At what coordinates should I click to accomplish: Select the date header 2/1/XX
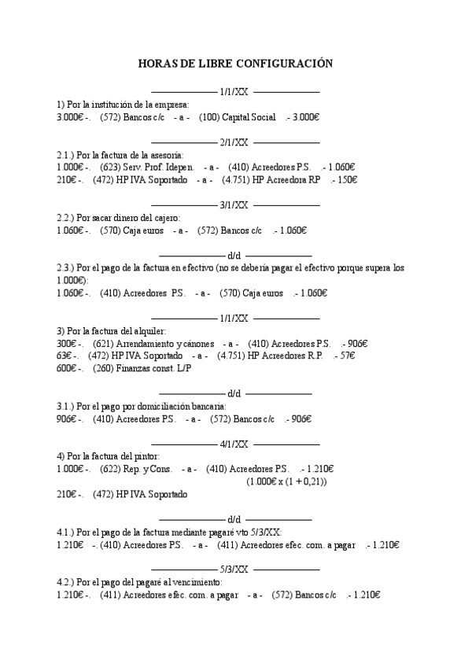[234, 142]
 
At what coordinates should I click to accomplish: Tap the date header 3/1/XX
[234, 205]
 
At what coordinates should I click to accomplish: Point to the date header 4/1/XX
[234, 444]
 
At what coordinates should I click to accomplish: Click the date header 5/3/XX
[234, 569]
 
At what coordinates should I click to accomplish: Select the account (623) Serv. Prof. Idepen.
[147, 168]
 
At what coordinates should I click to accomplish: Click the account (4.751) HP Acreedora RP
[266, 180]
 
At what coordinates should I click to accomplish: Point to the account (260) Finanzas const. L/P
[142, 368]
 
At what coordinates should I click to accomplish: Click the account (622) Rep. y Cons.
[136, 470]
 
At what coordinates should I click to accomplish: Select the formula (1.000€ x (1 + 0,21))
[286, 481]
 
